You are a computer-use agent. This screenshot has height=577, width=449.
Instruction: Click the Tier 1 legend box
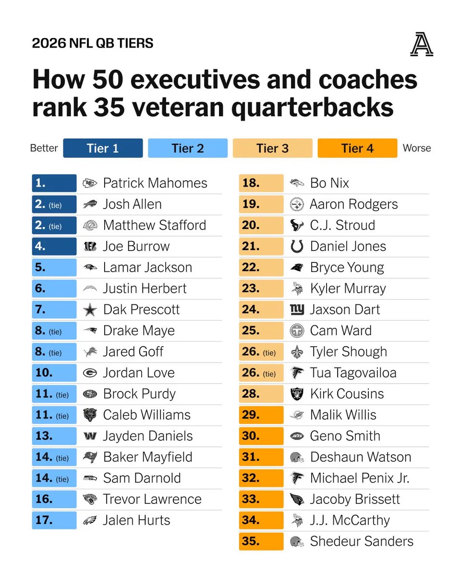click(x=103, y=148)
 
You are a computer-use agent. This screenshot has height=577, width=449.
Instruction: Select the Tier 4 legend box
click(x=357, y=148)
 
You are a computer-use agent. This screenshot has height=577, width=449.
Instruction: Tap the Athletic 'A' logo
click(x=422, y=44)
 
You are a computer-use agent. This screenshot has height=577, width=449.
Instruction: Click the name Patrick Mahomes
click(x=155, y=183)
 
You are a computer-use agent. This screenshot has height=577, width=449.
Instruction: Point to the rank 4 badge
click(x=54, y=246)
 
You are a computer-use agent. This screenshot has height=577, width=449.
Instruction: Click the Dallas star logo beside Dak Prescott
click(x=90, y=310)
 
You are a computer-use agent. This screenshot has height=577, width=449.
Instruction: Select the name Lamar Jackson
click(x=148, y=267)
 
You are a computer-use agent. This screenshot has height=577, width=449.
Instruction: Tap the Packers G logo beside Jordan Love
click(x=90, y=373)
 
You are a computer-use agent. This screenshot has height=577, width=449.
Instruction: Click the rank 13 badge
click(x=54, y=436)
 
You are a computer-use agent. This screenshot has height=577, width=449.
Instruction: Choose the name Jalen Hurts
click(x=136, y=520)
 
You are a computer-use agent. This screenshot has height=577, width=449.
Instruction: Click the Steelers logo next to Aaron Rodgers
click(x=297, y=204)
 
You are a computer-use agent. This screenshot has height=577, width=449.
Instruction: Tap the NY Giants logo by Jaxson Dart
click(x=297, y=310)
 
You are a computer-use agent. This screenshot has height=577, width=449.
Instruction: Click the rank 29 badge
click(x=261, y=415)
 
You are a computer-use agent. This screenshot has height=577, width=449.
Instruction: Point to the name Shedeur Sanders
click(x=362, y=541)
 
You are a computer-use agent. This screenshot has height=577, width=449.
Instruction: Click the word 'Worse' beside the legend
click(x=417, y=148)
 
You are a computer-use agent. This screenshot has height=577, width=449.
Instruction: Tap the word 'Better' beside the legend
click(x=44, y=148)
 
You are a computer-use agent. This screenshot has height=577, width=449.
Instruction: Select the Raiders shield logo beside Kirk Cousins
click(x=297, y=394)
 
